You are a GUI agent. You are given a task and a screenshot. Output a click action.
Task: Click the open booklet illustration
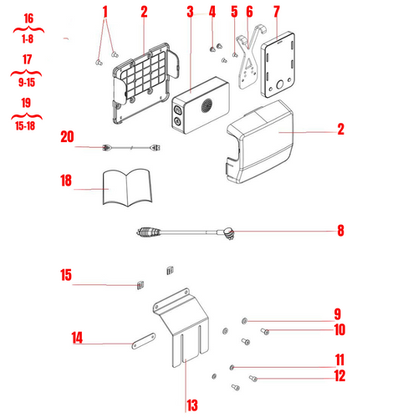pyautogui.click(x=127, y=187)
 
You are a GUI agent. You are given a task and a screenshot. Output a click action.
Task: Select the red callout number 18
pyautogui.click(x=66, y=181)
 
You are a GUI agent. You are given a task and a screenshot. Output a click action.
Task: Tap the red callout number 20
pyautogui.click(x=67, y=137)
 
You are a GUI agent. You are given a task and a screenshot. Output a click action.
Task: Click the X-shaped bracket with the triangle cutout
pyautogui.click(x=249, y=64)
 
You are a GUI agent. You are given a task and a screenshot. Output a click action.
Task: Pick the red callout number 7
pyautogui.click(x=276, y=12)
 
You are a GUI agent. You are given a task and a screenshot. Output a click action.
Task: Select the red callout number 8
pyautogui.click(x=340, y=231)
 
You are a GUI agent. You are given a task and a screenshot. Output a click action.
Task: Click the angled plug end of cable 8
pyautogui.click(x=228, y=233)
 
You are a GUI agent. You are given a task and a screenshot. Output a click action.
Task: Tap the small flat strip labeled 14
pyautogui.click(x=144, y=341)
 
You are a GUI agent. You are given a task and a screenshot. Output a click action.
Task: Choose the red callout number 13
pyautogui.click(x=192, y=405)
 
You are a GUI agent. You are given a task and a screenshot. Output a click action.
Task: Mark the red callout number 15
pyautogui.click(x=66, y=275)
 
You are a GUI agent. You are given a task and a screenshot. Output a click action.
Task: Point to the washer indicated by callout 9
pyautogui.click(x=244, y=321)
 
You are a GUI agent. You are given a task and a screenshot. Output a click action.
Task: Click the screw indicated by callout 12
pyautogui.click(x=253, y=379)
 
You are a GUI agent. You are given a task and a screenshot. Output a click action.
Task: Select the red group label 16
pyautogui.click(x=28, y=18)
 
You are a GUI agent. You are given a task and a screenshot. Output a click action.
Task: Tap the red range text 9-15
pyautogui.click(x=27, y=82)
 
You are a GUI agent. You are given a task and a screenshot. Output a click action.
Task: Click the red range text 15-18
pyautogui.click(x=25, y=125)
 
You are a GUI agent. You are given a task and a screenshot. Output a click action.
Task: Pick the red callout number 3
pyautogui.click(x=190, y=12)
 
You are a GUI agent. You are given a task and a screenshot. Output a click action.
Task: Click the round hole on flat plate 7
pyautogui.click(x=280, y=84)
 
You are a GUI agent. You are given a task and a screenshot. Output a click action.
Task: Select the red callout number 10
pyautogui.click(x=339, y=329)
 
